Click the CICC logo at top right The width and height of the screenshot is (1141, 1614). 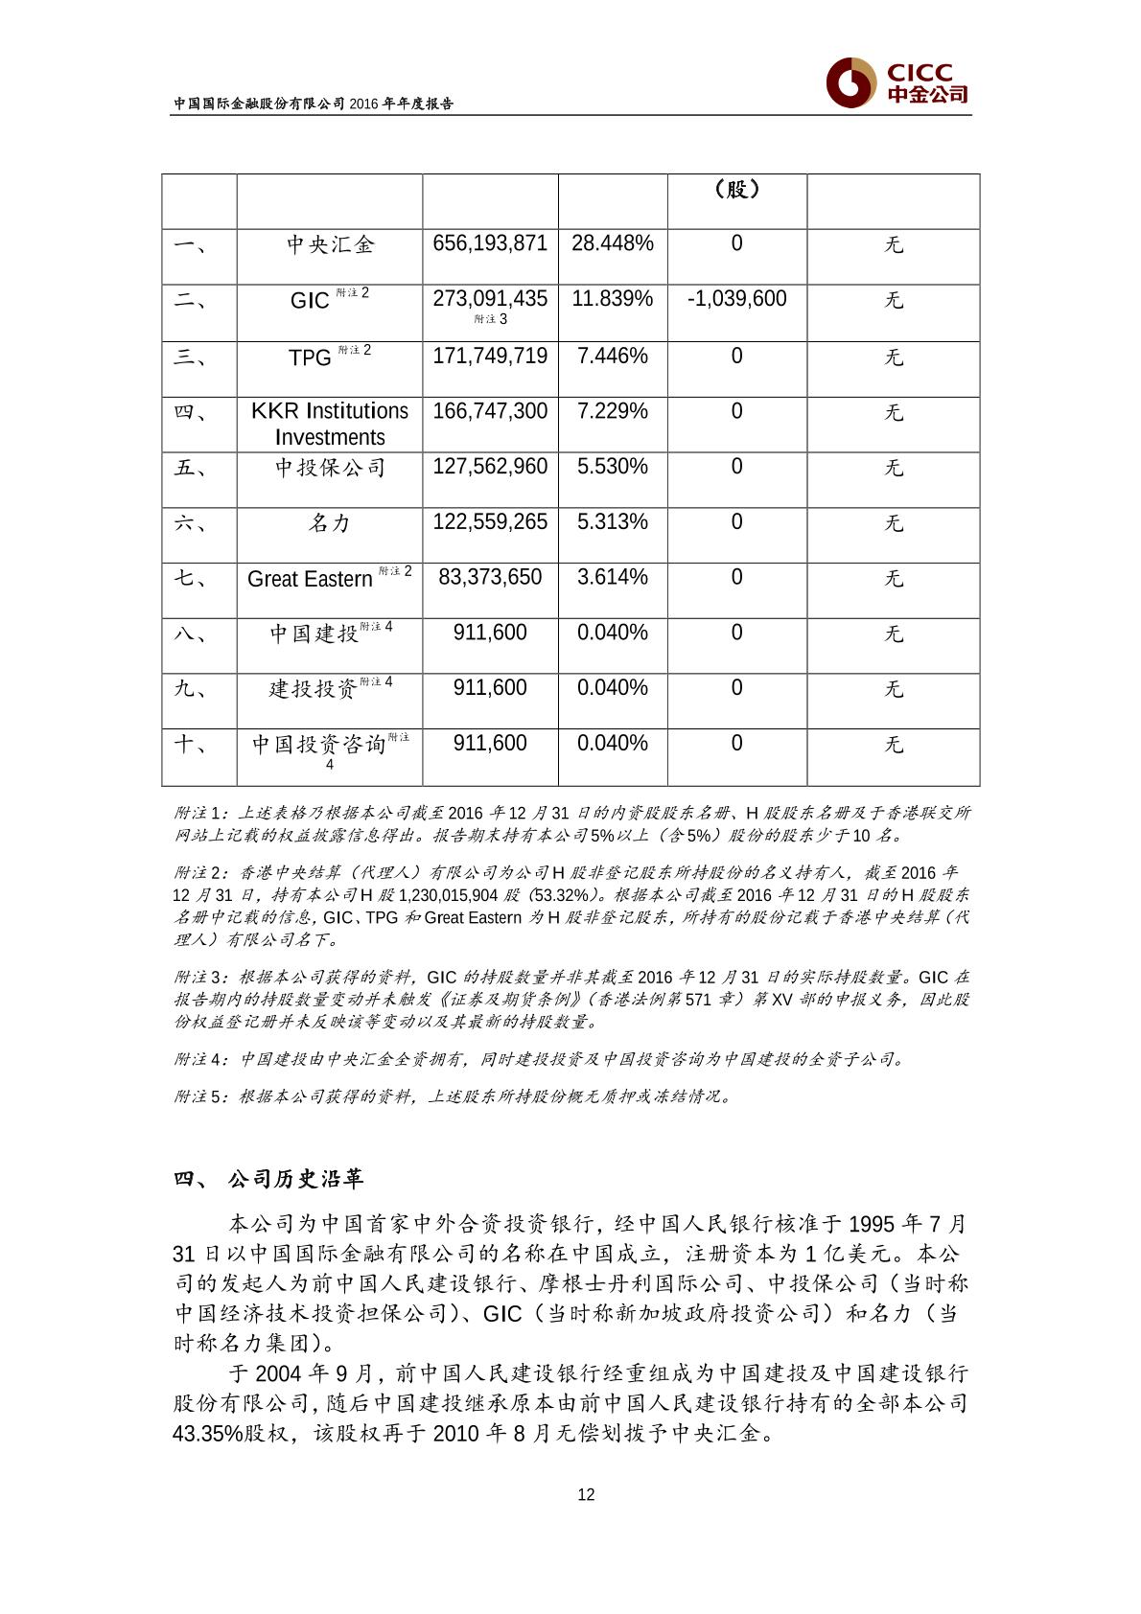coord(897,83)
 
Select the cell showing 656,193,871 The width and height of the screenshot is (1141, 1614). coord(490,243)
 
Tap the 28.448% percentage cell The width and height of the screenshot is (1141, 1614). coord(613,243)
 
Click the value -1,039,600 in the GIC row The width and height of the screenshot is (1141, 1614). coord(736,299)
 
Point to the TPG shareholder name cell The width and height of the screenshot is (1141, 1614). coord(329,357)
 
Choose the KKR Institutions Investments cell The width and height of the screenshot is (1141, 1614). coord(329,424)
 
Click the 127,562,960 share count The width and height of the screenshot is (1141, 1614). coord(490,467)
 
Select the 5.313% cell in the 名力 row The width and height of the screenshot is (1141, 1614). coord(613,522)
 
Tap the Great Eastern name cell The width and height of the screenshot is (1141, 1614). coord(329,578)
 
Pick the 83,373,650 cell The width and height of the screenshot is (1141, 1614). coord(490,577)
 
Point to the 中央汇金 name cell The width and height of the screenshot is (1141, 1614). coord(329,244)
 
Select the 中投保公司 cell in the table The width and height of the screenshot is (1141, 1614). coord(329,468)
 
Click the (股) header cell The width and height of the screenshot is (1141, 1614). coord(736,190)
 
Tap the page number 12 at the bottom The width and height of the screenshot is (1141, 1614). coord(586,1494)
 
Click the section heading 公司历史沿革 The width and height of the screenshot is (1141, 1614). coord(295,1179)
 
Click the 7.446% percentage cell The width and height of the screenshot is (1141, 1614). coord(613,357)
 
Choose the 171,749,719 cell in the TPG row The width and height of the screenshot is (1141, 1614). coord(490,357)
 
